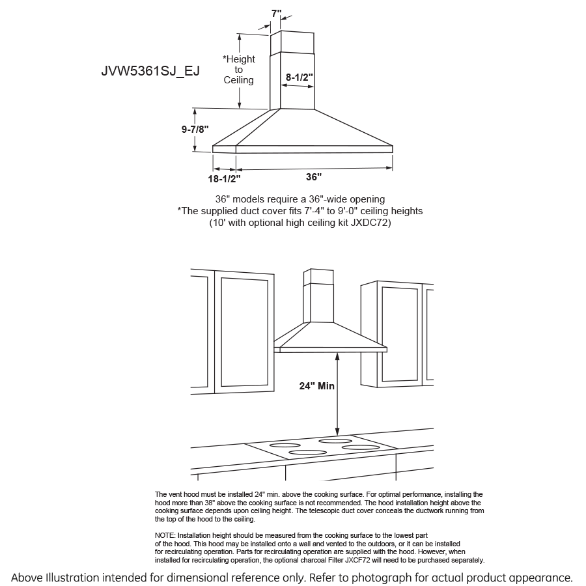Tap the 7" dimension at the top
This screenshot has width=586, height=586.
pyautogui.click(x=277, y=13)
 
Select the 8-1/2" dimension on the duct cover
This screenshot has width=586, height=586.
pyautogui.click(x=300, y=77)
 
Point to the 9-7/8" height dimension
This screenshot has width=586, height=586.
pyautogui.click(x=195, y=130)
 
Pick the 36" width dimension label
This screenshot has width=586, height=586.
pyautogui.click(x=314, y=176)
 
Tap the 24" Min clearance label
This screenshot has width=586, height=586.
pyautogui.click(x=317, y=386)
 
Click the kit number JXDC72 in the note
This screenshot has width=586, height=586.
pyautogui.click(x=369, y=223)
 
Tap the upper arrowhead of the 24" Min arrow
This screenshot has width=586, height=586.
pyautogui.click(x=337, y=356)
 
